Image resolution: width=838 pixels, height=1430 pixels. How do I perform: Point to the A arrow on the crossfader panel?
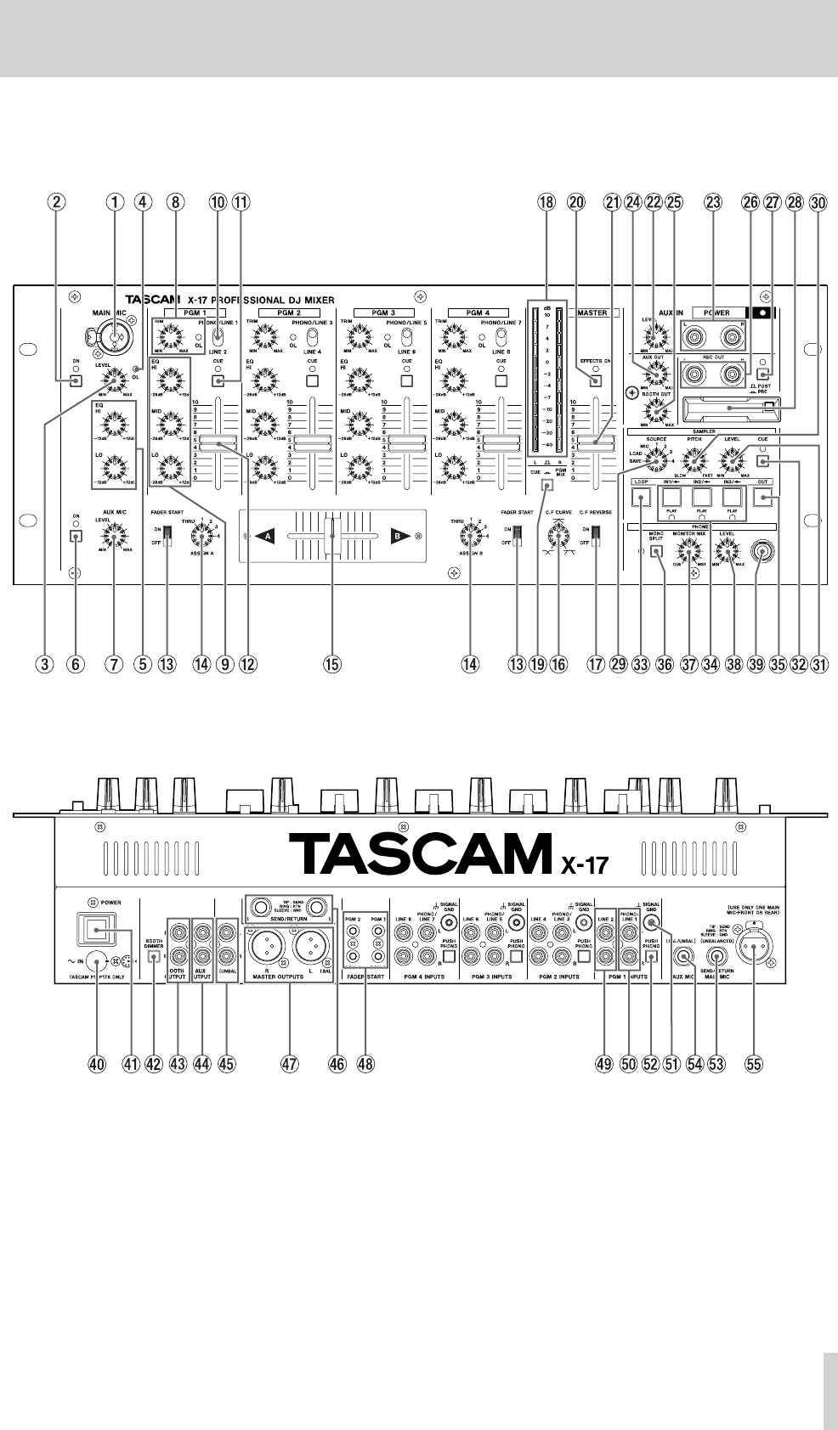269,537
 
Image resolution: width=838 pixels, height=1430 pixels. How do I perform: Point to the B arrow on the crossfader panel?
396,537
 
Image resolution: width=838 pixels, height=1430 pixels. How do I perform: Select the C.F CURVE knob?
558,535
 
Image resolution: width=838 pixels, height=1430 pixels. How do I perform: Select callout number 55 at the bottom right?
753,1062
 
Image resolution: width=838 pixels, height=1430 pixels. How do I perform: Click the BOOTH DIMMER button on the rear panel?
154,957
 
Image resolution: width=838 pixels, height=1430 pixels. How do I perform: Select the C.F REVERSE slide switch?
594,535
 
